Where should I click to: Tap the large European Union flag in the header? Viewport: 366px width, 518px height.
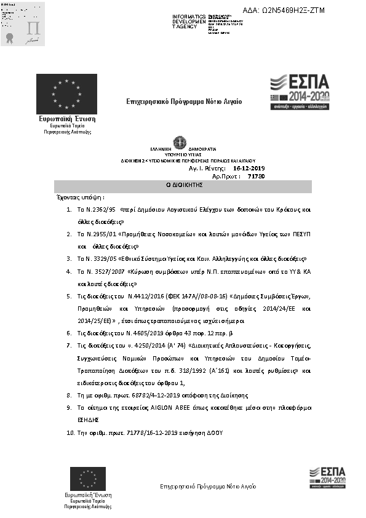(66, 94)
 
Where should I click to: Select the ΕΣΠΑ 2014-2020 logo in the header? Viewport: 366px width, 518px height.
(300, 92)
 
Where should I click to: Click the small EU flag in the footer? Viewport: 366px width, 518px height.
(88, 479)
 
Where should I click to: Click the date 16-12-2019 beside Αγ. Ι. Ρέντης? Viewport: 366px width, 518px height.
(249, 167)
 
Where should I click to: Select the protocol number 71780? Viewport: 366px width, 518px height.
(256, 176)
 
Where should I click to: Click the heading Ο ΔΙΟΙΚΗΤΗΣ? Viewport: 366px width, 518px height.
(183, 186)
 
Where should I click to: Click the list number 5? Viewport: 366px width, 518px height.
(69, 297)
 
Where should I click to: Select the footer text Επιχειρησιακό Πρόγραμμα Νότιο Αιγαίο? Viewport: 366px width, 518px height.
(207, 487)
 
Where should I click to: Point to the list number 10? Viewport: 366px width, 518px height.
(70, 433)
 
